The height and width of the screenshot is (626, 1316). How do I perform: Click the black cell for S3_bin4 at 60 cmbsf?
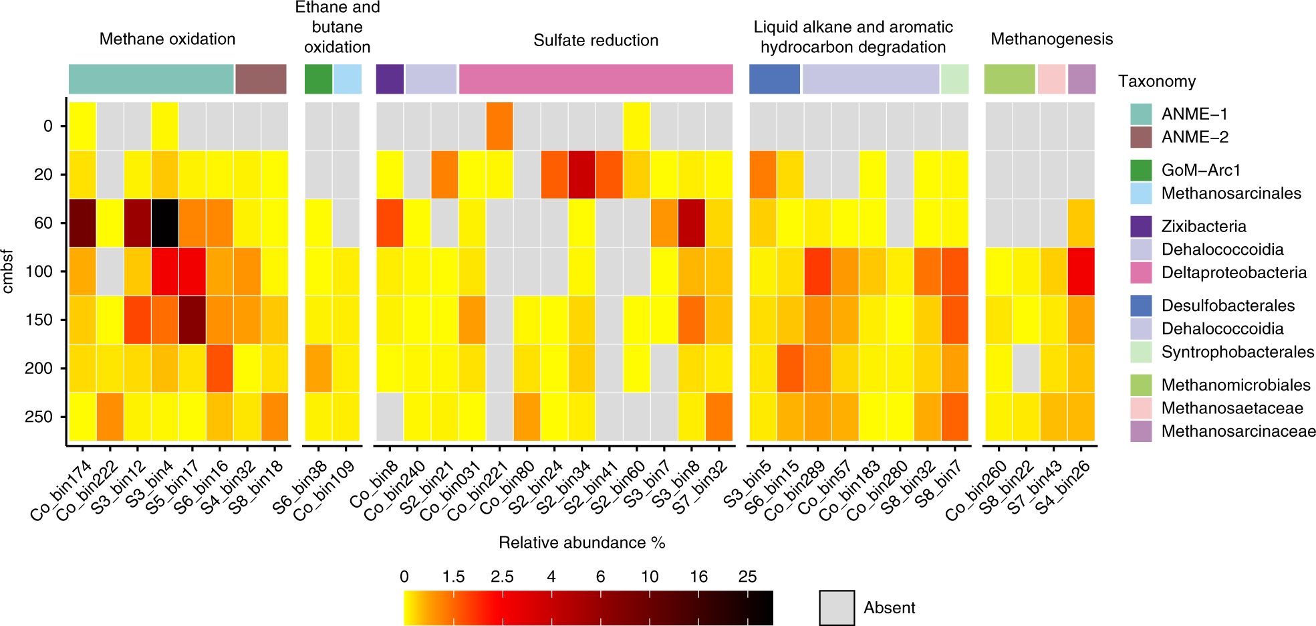tap(164, 223)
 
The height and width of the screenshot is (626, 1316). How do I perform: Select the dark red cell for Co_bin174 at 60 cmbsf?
tap(82, 223)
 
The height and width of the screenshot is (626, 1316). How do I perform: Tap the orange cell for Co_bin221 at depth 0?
tap(500, 126)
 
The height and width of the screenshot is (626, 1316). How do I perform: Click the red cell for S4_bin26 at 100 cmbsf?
tap(1081, 271)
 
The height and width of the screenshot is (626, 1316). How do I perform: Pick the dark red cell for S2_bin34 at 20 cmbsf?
tap(582, 175)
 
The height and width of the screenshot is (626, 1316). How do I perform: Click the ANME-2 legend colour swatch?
tap(1141, 137)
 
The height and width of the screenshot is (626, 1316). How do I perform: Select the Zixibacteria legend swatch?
tap(1141, 226)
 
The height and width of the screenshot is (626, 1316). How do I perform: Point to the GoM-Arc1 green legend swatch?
tap(1141, 170)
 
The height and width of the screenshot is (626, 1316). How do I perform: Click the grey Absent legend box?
tap(837, 607)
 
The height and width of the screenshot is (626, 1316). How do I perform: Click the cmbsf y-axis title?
tap(8, 271)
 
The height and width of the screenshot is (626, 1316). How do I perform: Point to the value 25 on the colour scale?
tap(747, 577)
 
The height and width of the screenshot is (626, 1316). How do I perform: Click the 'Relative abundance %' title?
tap(581, 542)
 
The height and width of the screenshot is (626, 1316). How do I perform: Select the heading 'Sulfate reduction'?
tap(596, 40)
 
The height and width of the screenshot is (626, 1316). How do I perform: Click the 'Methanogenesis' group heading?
tap(1051, 39)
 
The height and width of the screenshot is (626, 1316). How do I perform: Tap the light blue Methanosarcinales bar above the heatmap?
tap(347, 79)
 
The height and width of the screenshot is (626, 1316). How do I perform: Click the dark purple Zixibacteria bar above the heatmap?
tap(390, 79)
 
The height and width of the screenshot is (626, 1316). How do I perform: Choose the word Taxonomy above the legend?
tap(1157, 81)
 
